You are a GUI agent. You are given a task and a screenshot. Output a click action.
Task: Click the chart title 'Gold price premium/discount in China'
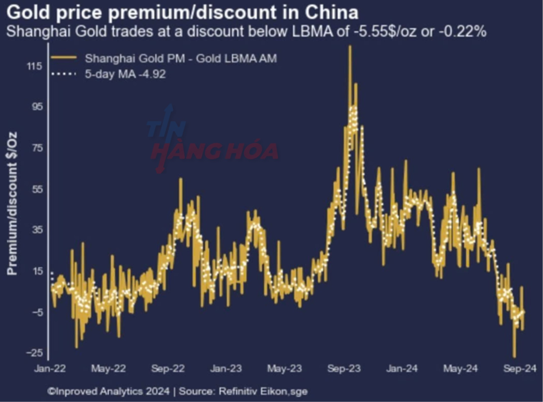pyautogui.click(x=182, y=12)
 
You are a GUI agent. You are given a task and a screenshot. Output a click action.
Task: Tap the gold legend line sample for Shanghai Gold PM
pyautogui.click(x=64, y=58)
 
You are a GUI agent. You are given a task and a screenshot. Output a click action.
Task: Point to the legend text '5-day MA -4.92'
pyautogui.click(x=125, y=74)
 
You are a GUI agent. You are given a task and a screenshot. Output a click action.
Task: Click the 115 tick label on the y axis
pyautogui.click(x=34, y=67)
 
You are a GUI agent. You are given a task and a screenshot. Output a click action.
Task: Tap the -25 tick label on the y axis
pyautogui.click(x=34, y=353)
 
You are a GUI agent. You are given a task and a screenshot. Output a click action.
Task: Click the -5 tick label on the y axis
pyautogui.click(x=36, y=312)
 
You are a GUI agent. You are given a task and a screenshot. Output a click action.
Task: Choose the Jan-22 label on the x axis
pyautogui.click(x=50, y=369)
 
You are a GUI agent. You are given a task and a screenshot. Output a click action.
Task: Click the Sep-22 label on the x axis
pyautogui.click(x=168, y=369)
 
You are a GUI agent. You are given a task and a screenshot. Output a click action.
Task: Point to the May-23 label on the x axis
pyautogui.click(x=285, y=369)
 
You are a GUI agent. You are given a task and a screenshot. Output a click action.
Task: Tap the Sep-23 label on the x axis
pyautogui.click(x=344, y=369)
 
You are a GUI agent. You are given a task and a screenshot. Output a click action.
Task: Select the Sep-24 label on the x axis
pyautogui.click(x=520, y=369)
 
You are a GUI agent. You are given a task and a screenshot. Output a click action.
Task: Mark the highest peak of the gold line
pyautogui.click(x=350, y=47)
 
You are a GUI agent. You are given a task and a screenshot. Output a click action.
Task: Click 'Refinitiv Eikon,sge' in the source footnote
pyautogui.click(x=263, y=392)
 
